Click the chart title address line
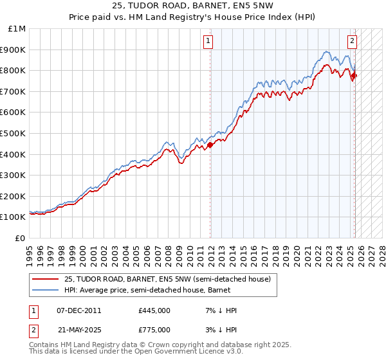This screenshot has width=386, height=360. [x=192, y=8]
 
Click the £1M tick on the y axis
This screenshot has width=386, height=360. [x=17, y=29]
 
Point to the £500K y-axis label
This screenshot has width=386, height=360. [x=15, y=133]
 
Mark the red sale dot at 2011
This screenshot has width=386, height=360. [x=210, y=145]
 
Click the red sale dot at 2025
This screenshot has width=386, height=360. [x=354, y=76]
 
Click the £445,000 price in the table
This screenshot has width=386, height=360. [x=154, y=310]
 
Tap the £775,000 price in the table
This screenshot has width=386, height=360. [x=154, y=329]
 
